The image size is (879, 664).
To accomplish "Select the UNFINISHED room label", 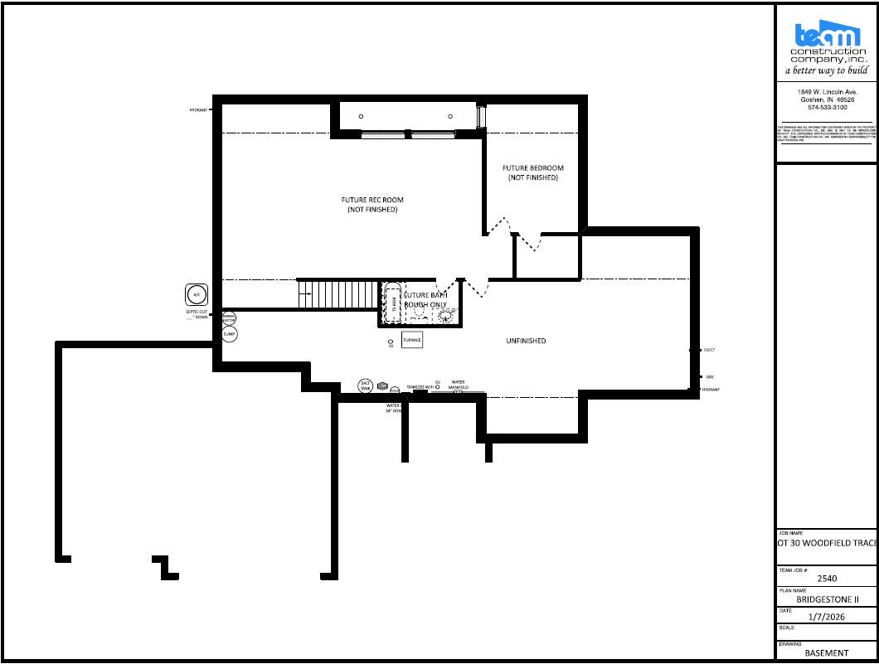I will click(x=526, y=341).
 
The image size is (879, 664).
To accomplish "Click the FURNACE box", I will click(x=412, y=340).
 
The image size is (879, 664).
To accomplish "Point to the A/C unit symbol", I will click(x=197, y=294).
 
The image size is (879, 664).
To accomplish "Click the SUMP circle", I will click(x=229, y=334).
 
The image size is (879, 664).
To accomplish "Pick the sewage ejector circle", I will click(x=228, y=317).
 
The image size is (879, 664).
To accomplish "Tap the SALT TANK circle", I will click(x=366, y=385).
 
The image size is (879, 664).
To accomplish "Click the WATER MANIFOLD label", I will click(x=459, y=385).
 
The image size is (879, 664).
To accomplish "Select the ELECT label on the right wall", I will click(x=709, y=351).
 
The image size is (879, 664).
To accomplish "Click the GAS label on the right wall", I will click(x=710, y=376).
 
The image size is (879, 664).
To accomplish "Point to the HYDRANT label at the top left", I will click(x=198, y=109).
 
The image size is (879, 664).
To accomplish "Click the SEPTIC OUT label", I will click(x=197, y=314).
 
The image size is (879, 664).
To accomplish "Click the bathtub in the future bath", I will click(x=391, y=303).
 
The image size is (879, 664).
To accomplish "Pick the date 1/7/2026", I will click(x=828, y=616).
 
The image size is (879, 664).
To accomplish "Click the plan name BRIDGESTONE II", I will click(x=828, y=599).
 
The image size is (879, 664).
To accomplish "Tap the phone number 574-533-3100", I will click(x=827, y=108).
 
